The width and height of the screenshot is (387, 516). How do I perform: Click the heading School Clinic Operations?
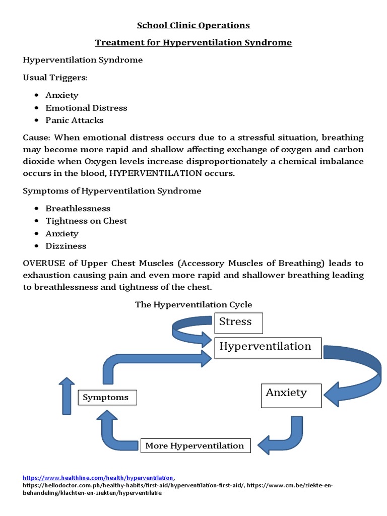pos(194,25)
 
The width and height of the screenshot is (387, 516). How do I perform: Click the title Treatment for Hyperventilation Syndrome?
pos(194,42)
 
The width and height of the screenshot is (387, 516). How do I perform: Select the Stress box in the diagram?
pos(238,322)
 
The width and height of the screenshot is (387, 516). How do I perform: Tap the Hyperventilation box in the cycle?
pos(268,348)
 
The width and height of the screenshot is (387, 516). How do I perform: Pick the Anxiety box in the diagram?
pos(291,395)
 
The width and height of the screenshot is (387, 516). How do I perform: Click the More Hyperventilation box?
pos(195,445)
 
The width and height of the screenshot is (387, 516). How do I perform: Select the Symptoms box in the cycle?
pos(106,398)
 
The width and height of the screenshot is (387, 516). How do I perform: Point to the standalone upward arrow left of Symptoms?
pos(66,396)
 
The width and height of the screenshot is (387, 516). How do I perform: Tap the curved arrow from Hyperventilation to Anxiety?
pos(363,373)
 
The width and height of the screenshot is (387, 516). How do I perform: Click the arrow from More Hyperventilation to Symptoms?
pos(111,433)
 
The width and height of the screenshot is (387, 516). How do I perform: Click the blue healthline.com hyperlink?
pos(99,477)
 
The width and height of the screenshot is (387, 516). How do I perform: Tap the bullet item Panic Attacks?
pos(75,120)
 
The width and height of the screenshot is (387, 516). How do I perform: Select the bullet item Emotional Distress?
pos(86,108)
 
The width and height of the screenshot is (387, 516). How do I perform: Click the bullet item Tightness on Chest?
pos(86,221)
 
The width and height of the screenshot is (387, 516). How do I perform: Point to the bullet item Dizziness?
pos(66,246)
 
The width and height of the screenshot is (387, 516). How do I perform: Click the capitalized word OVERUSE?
pos(43,263)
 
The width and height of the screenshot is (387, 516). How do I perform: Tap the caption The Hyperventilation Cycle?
pos(193,304)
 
